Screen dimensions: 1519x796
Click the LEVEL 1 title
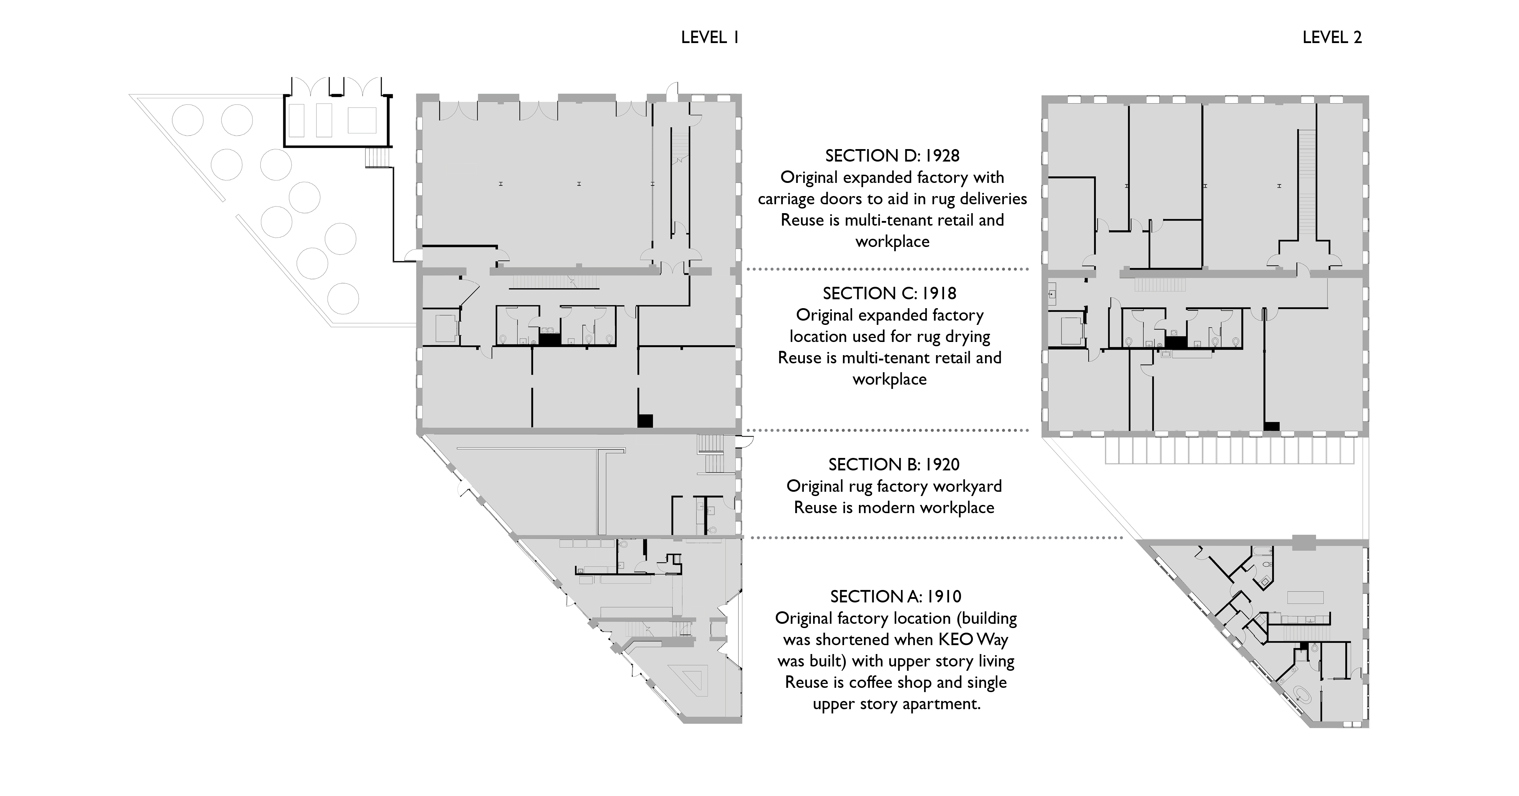pos(710,38)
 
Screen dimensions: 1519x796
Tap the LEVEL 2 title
pos(1332,38)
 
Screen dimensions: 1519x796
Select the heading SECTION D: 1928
pos(892,155)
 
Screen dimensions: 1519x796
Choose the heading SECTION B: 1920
pos(894,465)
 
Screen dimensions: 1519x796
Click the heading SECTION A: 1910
pos(896,597)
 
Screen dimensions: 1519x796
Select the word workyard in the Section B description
pos(970,486)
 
